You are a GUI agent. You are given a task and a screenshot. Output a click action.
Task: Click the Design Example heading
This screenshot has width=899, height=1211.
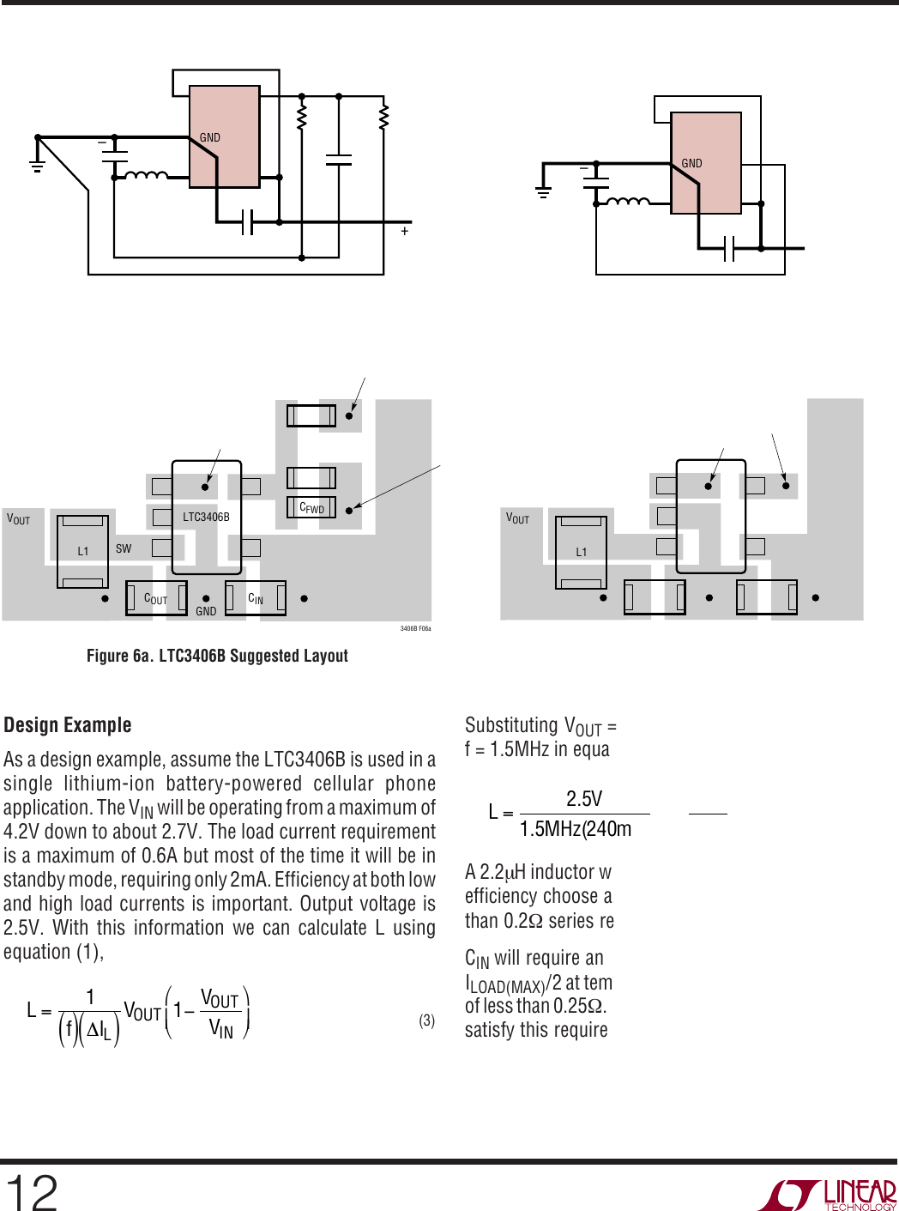pyautogui.click(x=68, y=725)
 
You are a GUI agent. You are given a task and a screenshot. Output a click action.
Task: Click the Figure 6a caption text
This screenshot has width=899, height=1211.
pyautogui.click(x=217, y=655)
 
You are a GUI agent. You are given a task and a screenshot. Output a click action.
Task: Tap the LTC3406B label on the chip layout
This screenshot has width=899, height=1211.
pyautogui.click(x=207, y=517)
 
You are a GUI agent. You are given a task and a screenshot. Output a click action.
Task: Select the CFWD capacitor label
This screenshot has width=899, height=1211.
pyautogui.click(x=311, y=508)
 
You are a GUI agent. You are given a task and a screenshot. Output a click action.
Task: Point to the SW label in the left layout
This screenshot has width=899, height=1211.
pyautogui.click(x=124, y=548)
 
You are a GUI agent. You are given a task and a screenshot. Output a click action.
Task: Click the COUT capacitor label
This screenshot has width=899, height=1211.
pyautogui.click(x=155, y=599)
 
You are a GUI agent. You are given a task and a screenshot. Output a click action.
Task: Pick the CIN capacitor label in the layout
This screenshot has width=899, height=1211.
pyautogui.click(x=256, y=599)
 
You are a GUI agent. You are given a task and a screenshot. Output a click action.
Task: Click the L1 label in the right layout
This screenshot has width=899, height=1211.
pyautogui.click(x=582, y=552)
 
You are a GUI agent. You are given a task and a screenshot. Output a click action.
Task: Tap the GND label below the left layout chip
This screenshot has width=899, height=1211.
pyautogui.click(x=206, y=611)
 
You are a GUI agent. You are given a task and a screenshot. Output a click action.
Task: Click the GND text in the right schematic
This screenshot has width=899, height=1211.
pyautogui.click(x=691, y=163)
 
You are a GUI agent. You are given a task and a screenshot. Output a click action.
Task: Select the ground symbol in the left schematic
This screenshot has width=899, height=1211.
pyautogui.click(x=37, y=165)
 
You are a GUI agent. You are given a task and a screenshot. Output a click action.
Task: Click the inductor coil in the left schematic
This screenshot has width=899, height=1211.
pyautogui.click(x=147, y=175)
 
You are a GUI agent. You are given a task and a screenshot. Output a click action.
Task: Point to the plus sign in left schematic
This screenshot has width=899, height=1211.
pyautogui.click(x=405, y=232)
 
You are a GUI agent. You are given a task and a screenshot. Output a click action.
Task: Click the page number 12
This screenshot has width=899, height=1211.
pyautogui.click(x=31, y=1192)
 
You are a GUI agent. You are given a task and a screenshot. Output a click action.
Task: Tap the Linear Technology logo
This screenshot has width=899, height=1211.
pyautogui.click(x=827, y=1195)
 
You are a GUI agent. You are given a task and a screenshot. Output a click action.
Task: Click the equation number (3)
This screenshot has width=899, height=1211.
pyautogui.click(x=427, y=1020)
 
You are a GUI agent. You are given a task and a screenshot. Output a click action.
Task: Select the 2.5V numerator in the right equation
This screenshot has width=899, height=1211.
pyautogui.click(x=584, y=799)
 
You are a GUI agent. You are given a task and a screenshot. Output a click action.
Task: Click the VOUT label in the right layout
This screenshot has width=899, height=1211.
pyautogui.click(x=517, y=518)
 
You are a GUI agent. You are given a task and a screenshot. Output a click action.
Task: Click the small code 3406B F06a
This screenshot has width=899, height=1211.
pyautogui.click(x=415, y=628)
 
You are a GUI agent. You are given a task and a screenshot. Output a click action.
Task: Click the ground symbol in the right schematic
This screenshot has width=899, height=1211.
pyautogui.click(x=543, y=191)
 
